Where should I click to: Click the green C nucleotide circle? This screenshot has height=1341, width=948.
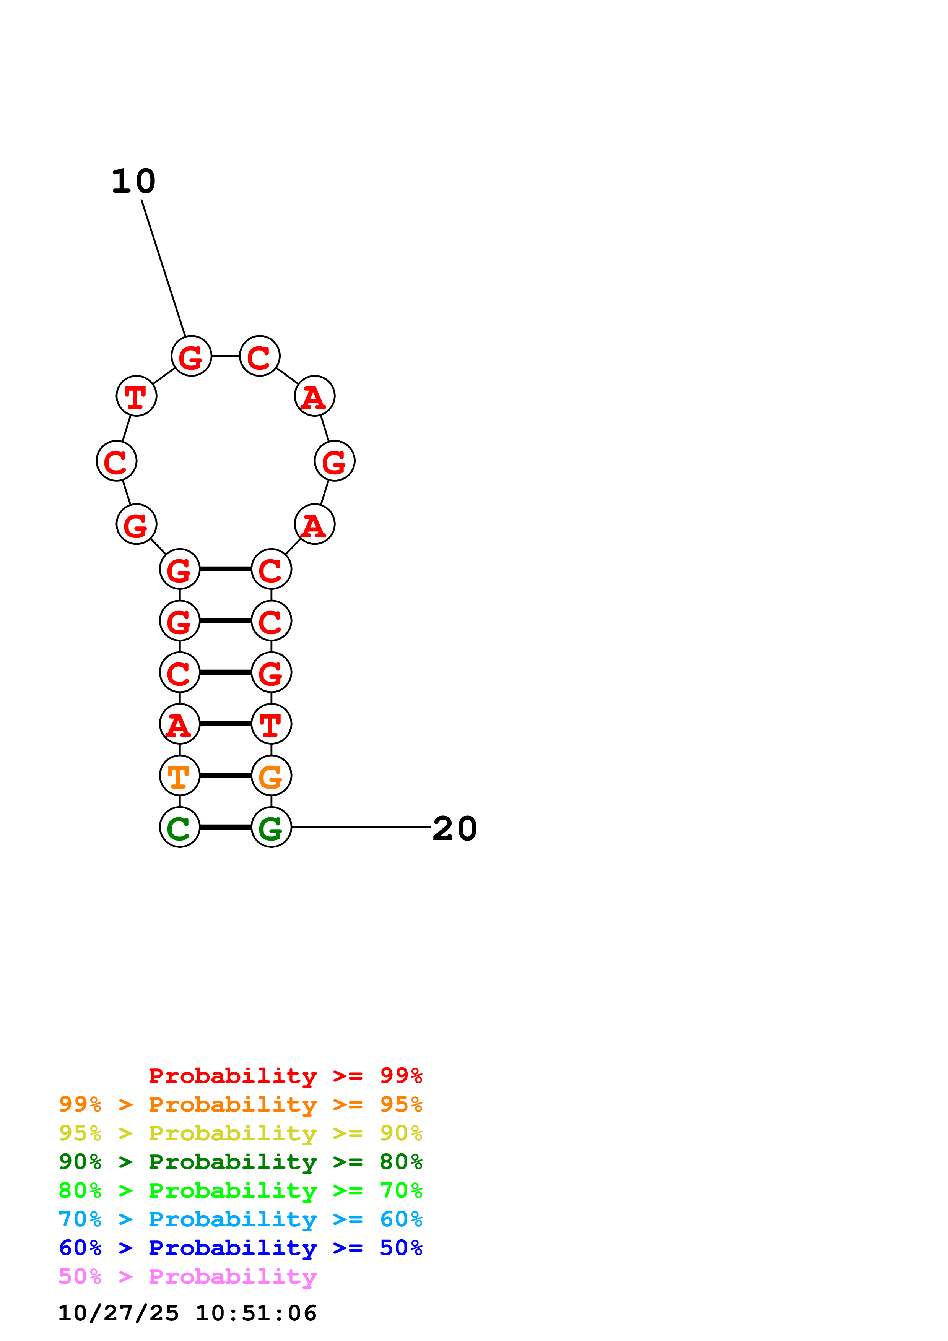(179, 827)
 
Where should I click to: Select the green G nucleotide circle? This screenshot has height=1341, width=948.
(271, 827)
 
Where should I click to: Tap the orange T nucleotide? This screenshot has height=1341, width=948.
(179, 776)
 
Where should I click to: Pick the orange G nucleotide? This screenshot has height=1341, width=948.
(271, 776)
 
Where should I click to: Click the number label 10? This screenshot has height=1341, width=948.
(134, 181)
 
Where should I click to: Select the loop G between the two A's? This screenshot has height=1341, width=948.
(334, 461)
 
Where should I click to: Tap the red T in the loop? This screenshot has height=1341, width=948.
(136, 396)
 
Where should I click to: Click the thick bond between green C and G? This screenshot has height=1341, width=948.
(226, 827)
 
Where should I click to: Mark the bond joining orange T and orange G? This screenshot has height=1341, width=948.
(226, 776)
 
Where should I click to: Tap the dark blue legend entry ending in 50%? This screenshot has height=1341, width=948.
(240, 1248)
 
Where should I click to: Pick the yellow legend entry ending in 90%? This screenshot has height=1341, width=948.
(240, 1133)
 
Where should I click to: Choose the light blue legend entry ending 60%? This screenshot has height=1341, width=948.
(240, 1219)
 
